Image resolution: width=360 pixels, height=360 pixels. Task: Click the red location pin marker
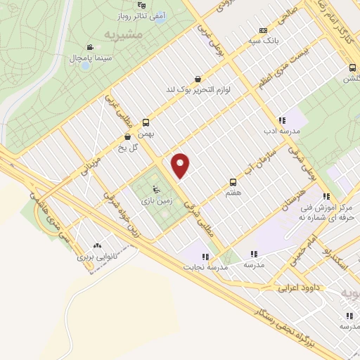pyautogui.click(x=181, y=165)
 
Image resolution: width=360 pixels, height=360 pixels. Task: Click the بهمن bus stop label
pyautogui.click(x=146, y=132)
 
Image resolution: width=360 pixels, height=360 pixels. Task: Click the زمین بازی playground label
pyautogui.click(x=156, y=200)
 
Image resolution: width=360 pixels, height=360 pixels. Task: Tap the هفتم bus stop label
pyautogui.click(x=233, y=191)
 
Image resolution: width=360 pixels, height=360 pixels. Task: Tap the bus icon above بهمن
pyautogui.click(x=146, y=122)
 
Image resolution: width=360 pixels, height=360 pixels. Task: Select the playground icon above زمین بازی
pyautogui.click(x=156, y=188)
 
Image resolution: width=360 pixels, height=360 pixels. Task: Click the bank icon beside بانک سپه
pyautogui.click(x=263, y=30)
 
